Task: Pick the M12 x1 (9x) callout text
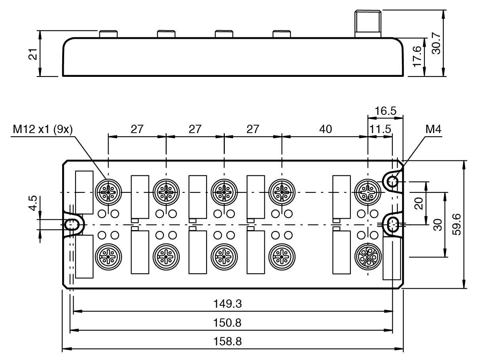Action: click(x=43, y=130)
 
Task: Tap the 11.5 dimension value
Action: click(x=380, y=129)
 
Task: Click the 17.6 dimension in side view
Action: click(x=417, y=57)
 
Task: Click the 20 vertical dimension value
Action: click(x=419, y=203)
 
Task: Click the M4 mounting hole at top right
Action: click(x=392, y=182)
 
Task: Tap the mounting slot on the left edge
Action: click(x=72, y=225)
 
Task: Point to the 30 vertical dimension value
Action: click(x=437, y=224)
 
